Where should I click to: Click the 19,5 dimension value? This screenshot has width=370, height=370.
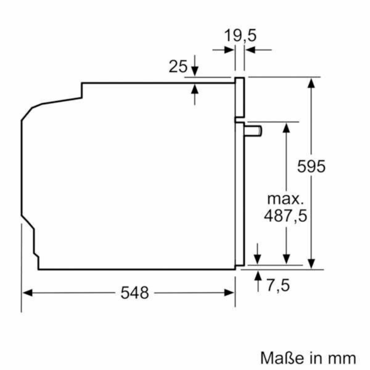(240, 36)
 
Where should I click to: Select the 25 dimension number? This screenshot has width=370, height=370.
(178, 66)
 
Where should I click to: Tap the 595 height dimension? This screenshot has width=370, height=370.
(311, 166)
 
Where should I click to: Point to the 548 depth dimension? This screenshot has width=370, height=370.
(135, 293)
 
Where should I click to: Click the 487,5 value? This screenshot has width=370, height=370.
(285, 216)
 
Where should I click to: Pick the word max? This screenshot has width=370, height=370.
(285, 199)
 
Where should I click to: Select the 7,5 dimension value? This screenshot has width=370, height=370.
(278, 285)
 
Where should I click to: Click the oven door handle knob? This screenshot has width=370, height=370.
(253, 131)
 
